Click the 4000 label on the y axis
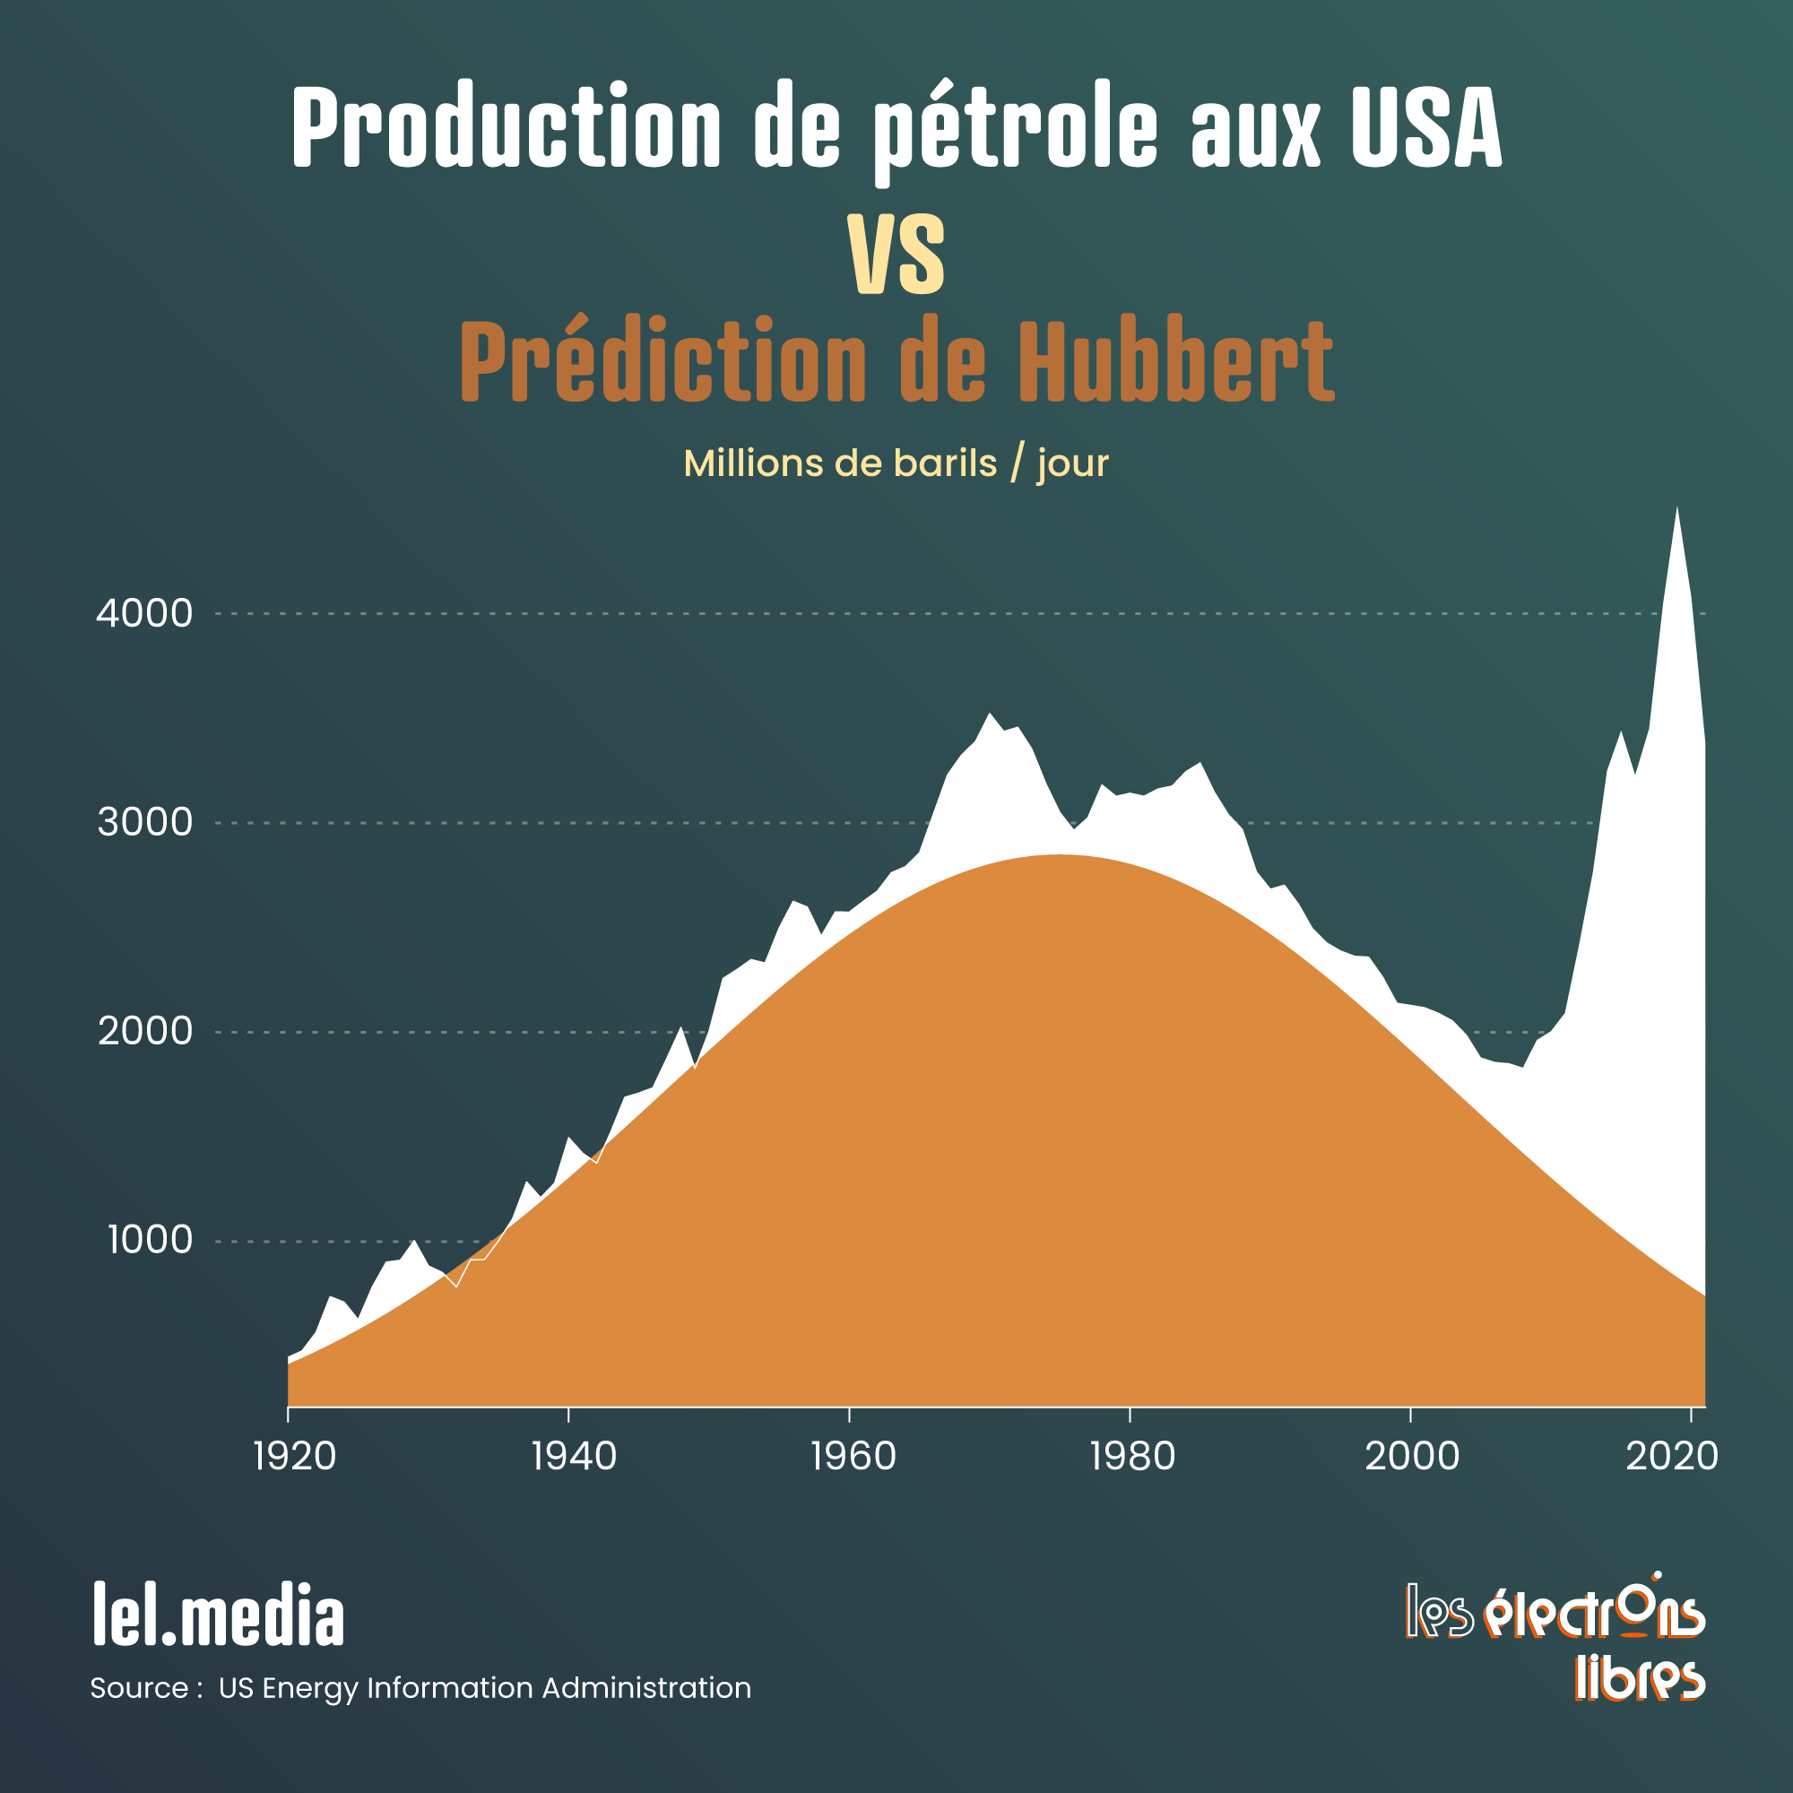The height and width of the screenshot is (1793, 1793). tap(143, 613)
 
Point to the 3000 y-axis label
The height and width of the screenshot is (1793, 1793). tap(144, 822)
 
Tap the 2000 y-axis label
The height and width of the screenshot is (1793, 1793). tap(144, 1031)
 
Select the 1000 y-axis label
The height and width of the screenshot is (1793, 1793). tap(150, 1240)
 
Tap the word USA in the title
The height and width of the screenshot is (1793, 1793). tap(1425, 127)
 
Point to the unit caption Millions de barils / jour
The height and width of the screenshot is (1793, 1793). tap(896, 463)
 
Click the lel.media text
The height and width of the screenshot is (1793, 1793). tap(219, 1615)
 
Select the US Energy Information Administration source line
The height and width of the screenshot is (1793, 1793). tap(484, 1687)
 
